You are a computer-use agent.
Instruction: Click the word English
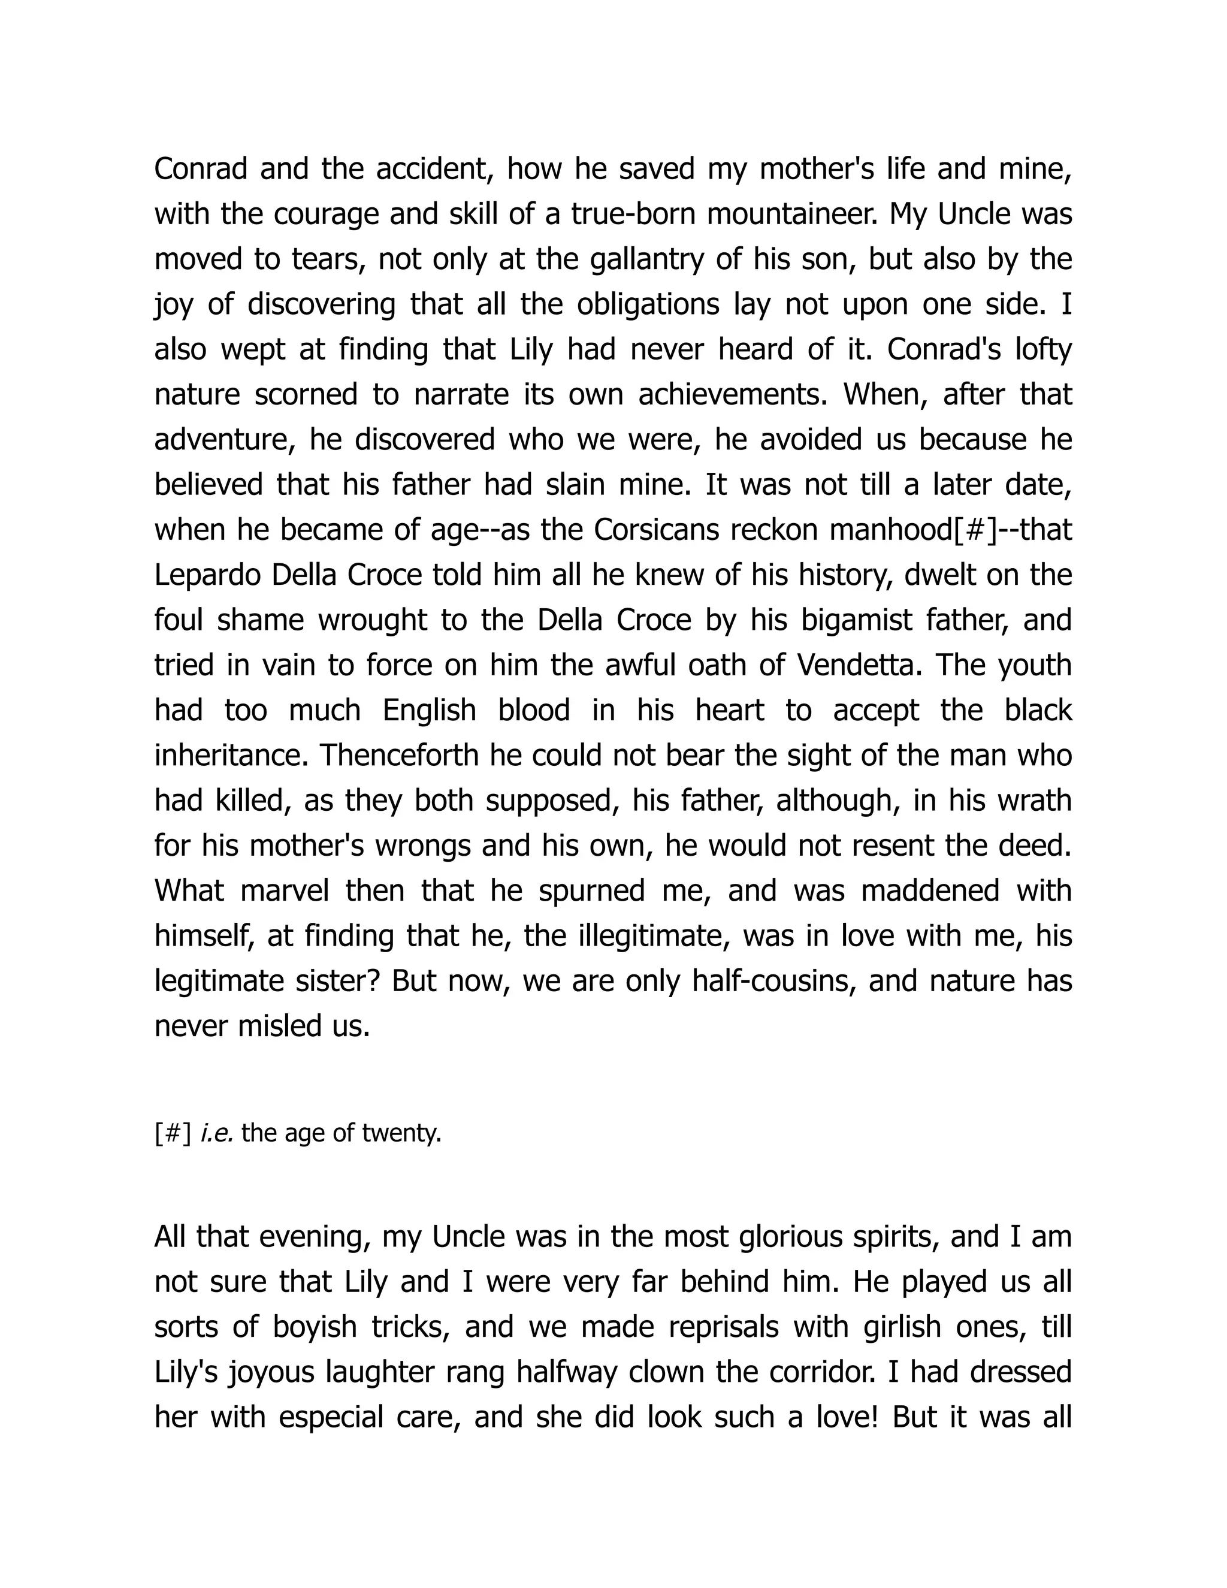coord(429,710)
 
